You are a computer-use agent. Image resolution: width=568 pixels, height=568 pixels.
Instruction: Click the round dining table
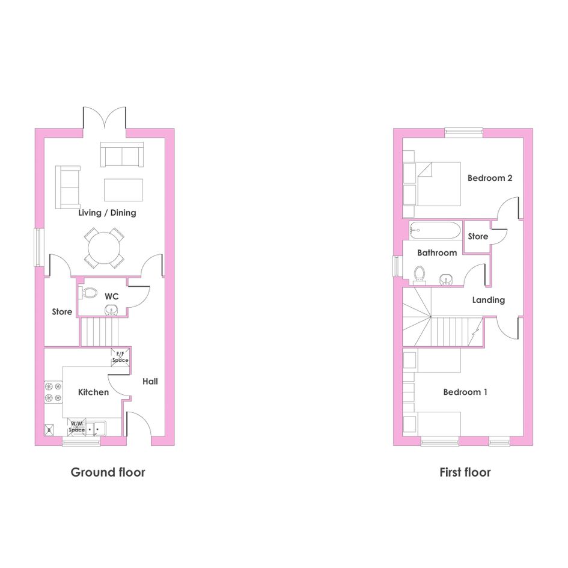tap(104, 248)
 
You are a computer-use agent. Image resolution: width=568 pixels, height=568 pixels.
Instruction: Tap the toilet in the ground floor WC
tap(88, 293)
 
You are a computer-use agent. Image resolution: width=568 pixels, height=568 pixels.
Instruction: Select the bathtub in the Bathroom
tap(435, 230)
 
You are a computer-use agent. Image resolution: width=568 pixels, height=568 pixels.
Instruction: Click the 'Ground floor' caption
tap(108, 472)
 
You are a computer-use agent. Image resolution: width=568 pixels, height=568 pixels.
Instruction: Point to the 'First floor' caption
tap(465, 472)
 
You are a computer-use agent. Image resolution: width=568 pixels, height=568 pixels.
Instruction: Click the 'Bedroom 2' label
tap(490, 178)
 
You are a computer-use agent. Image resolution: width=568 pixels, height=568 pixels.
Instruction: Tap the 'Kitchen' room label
tap(93, 392)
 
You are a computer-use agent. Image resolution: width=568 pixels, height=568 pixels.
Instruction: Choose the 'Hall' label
tap(150, 381)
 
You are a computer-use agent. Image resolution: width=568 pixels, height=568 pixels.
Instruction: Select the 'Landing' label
tap(488, 300)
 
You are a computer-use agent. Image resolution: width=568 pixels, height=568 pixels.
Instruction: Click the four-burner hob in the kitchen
tap(53, 392)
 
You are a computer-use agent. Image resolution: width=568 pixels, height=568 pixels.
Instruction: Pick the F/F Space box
tap(120, 357)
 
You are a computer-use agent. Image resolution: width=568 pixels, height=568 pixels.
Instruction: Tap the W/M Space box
tap(77, 427)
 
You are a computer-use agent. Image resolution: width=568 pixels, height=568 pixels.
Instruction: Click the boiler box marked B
tap(49, 430)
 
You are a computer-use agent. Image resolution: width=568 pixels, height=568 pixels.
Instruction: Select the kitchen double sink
tap(96, 428)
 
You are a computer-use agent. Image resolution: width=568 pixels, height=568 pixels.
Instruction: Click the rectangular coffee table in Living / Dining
tap(124, 190)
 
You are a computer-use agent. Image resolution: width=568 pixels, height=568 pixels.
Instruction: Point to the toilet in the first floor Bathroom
tap(420, 275)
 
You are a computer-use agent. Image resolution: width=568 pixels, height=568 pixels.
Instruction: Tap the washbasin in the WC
tap(112, 310)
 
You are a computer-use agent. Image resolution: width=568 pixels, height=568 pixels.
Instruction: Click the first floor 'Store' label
tap(478, 237)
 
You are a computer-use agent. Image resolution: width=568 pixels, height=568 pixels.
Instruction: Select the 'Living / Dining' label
tap(107, 213)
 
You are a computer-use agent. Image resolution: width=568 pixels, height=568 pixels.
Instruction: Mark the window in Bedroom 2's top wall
tap(463, 133)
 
